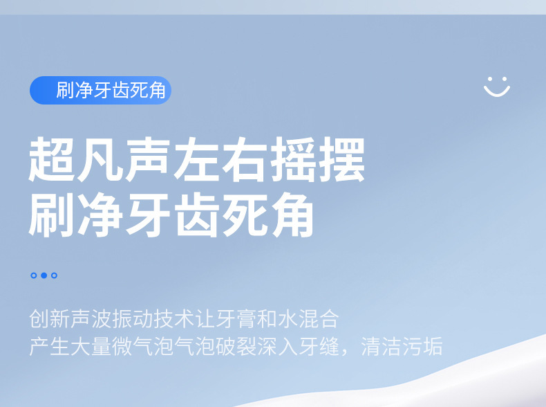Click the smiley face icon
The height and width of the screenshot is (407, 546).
coord(497,88)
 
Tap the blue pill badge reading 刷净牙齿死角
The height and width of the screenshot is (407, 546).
coord(101,90)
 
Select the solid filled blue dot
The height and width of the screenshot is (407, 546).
coord(44,275)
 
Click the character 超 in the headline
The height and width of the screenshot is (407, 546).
coord(52,159)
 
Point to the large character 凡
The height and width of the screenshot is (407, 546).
coord(100,159)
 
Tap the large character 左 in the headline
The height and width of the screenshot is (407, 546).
coord(197,159)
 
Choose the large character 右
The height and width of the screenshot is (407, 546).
coord(245,159)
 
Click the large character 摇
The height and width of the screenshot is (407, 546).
coord(294,159)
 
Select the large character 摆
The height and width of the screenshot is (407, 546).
coord(342,159)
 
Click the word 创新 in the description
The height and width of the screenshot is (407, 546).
coord(50,318)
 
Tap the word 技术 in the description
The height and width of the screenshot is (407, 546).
coord(173,318)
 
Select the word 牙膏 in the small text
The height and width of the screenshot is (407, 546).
coord(236,318)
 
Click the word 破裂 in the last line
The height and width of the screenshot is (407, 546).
coord(236,346)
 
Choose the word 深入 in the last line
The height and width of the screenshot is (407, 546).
coord(277,346)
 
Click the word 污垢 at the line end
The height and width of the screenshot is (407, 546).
coord(422,346)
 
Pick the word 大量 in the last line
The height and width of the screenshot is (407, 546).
coord(91,346)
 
